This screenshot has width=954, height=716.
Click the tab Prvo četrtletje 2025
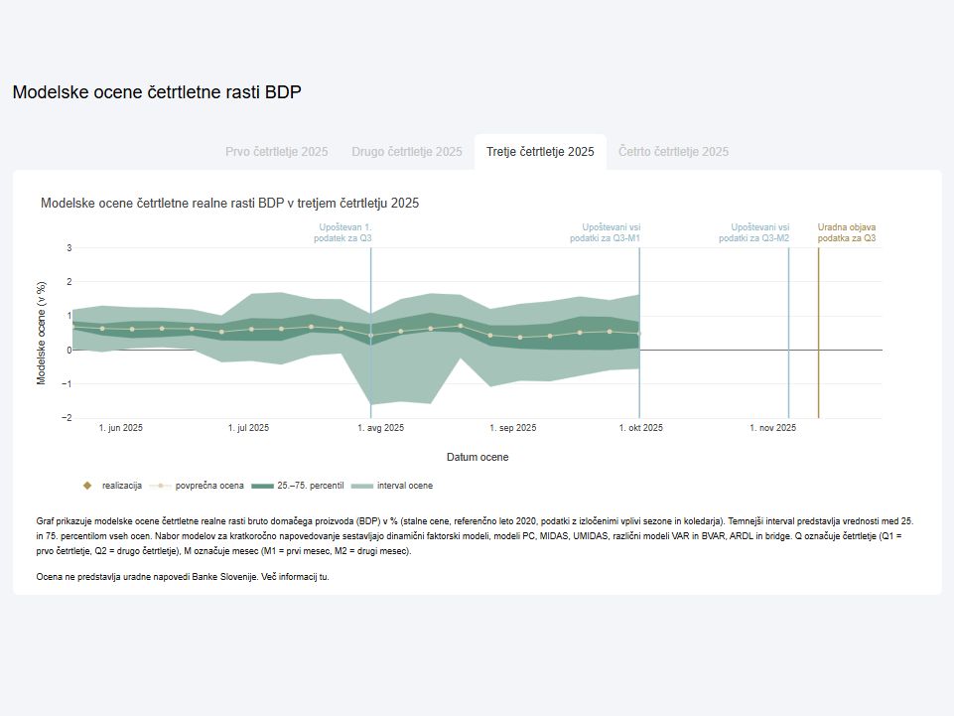(x=276, y=152)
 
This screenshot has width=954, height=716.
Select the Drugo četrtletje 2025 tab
(x=406, y=152)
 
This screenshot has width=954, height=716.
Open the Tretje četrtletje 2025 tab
(x=540, y=152)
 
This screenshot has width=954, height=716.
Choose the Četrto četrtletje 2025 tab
(x=673, y=152)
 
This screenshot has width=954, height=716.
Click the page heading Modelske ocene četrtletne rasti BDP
(x=157, y=92)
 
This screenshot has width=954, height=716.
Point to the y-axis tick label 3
(x=68, y=248)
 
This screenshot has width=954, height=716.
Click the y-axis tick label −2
(x=67, y=418)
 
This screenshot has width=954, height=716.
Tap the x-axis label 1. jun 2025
(x=121, y=428)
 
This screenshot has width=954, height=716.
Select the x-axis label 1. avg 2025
(x=380, y=428)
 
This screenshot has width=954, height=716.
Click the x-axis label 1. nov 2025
(x=772, y=428)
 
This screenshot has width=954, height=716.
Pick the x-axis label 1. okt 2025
(x=640, y=428)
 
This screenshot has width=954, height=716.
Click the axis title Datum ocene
(x=477, y=457)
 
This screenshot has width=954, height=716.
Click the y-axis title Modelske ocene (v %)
(x=42, y=333)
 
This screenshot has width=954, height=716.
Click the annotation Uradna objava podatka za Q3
(x=847, y=232)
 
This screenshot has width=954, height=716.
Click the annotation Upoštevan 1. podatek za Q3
(x=345, y=232)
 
